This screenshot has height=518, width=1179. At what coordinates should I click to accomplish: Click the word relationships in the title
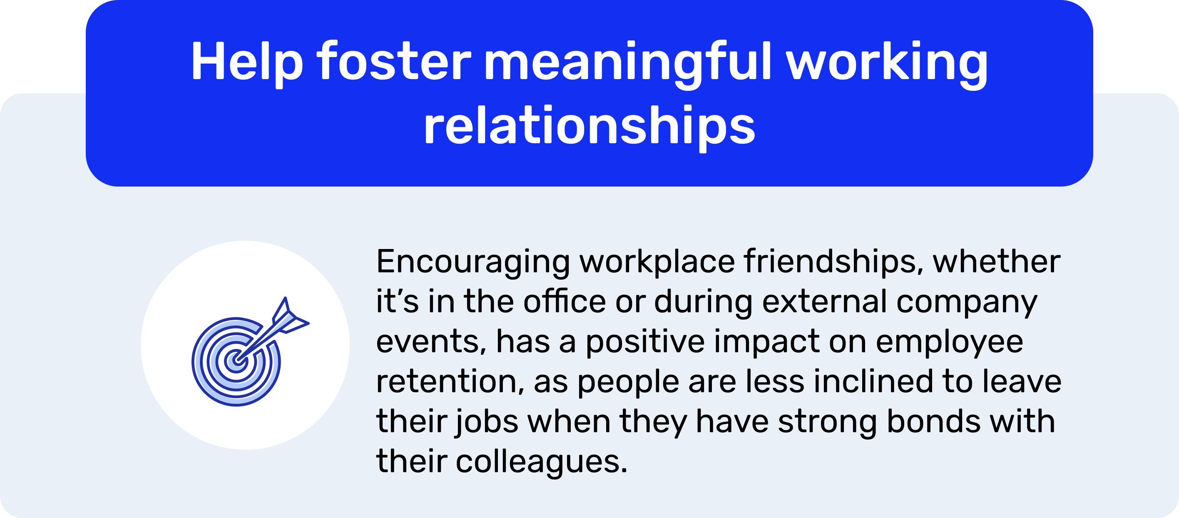pos(589,126)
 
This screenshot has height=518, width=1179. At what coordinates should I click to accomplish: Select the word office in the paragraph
pos(565,301)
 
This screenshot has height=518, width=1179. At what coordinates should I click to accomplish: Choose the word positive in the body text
pos(645,342)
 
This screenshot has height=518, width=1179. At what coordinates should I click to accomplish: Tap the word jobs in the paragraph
pos(487,422)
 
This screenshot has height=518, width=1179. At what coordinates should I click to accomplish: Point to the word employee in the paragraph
pos(949,342)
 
